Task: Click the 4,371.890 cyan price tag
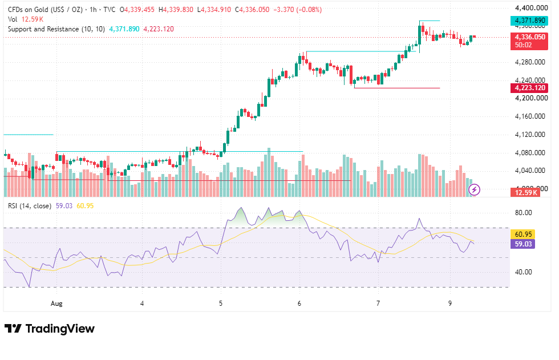tap(529, 21)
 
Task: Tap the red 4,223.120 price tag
tap(529, 88)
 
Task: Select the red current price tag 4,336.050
tap(529, 37)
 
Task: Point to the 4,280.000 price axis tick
tap(530, 62)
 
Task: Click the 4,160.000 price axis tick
tap(530, 116)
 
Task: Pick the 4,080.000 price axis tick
tap(530, 153)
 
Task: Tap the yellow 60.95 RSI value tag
tap(523, 234)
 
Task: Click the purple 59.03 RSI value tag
tap(523, 244)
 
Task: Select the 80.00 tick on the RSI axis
tap(524, 213)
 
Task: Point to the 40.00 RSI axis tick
tap(524, 272)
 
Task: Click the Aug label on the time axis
tap(56, 304)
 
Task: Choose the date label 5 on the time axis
tap(221, 304)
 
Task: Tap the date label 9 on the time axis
tap(450, 304)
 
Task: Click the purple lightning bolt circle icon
tap(474, 189)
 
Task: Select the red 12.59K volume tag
tap(526, 193)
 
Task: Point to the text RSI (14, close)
tap(30, 206)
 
